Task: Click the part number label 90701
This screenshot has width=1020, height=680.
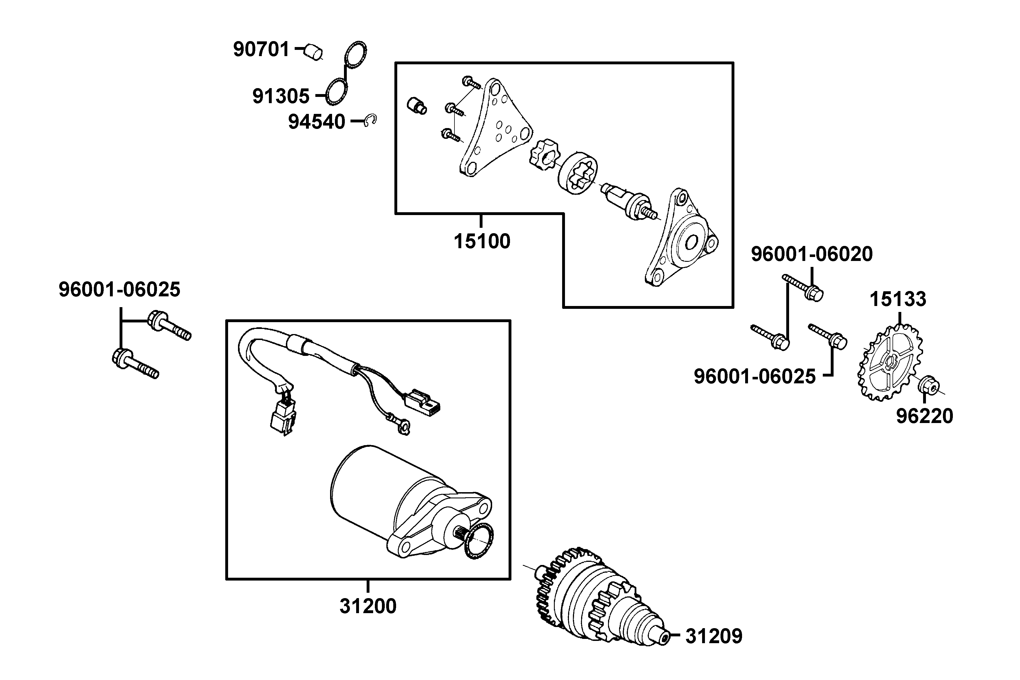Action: pyautogui.click(x=261, y=49)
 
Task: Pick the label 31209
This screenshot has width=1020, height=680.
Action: pyautogui.click(x=714, y=636)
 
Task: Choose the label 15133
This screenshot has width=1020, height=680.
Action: pyautogui.click(x=898, y=299)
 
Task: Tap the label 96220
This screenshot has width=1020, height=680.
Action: pyautogui.click(x=925, y=416)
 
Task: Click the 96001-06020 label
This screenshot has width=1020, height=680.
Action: pyautogui.click(x=812, y=254)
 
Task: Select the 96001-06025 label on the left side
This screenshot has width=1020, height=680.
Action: pyautogui.click(x=119, y=290)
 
